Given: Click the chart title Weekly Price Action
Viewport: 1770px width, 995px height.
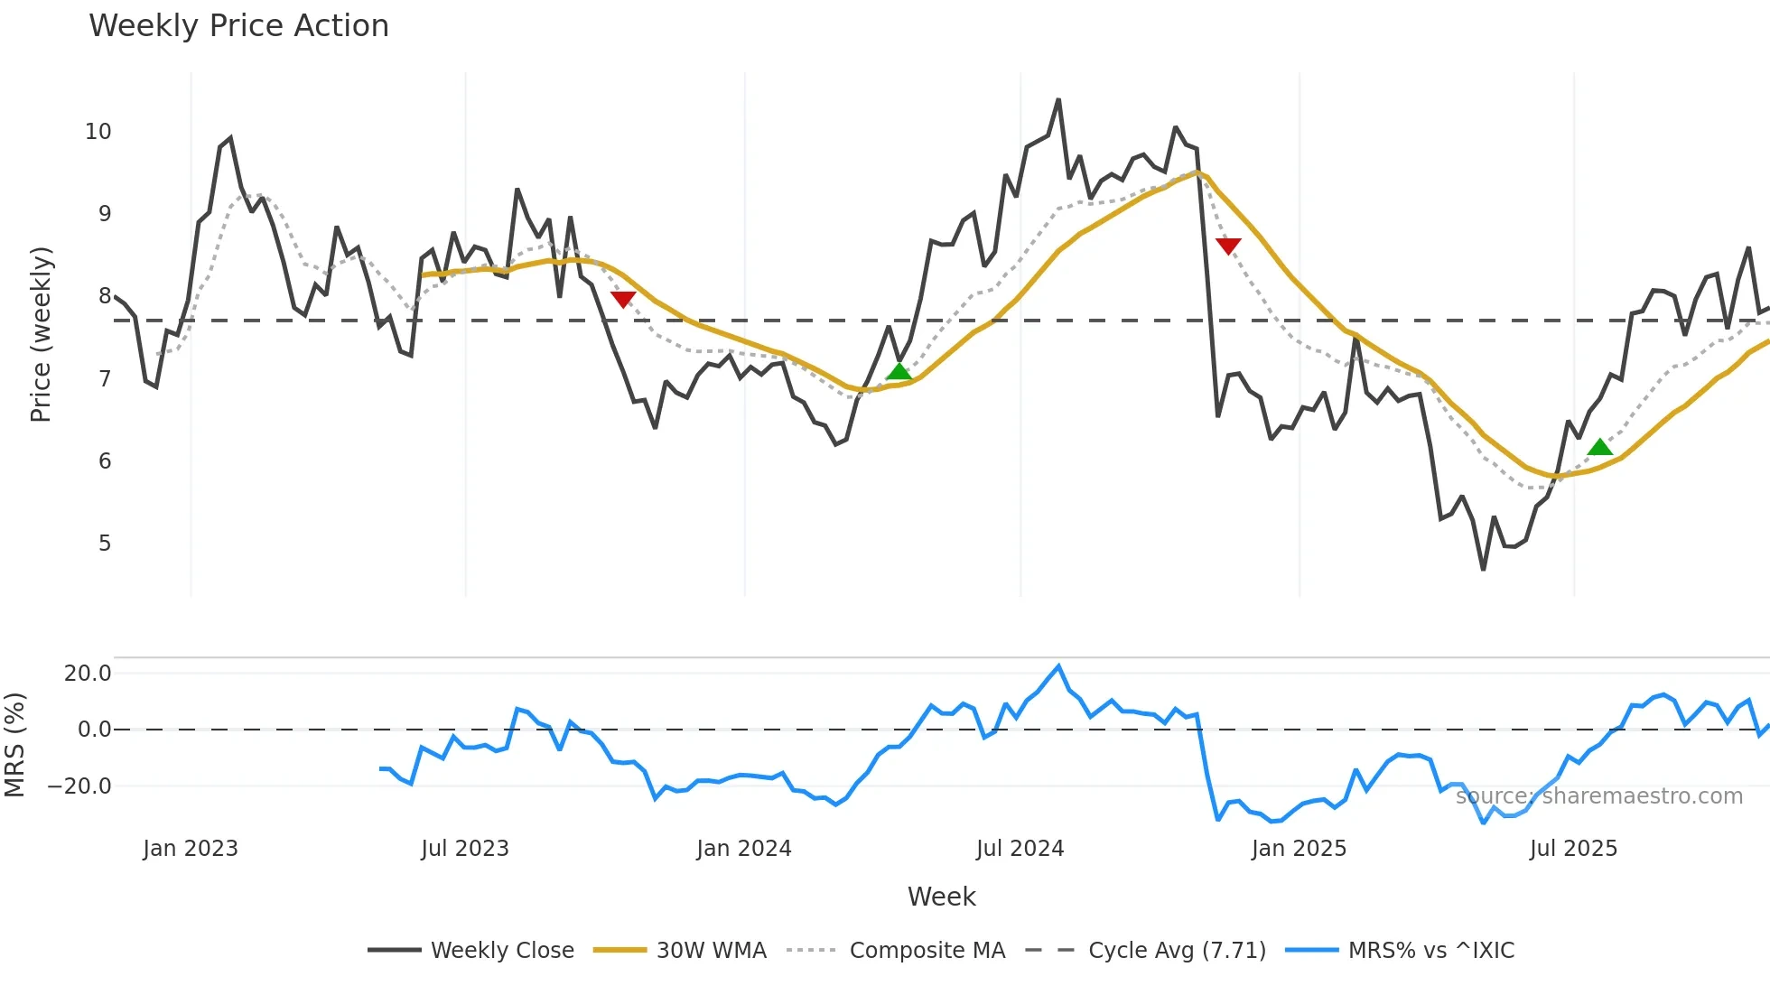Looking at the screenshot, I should tap(238, 26).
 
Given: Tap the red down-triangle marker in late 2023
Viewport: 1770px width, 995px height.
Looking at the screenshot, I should tap(623, 299).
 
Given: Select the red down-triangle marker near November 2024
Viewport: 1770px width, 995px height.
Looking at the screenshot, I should tap(1228, 246).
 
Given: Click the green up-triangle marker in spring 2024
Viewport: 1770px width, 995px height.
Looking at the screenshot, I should tap(899, 372).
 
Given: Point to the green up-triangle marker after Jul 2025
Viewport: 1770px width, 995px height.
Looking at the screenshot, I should tap(1599, 447).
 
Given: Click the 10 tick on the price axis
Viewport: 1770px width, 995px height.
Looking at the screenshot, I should tap(98, 132).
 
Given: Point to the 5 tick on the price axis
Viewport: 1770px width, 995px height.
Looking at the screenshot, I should tap(105, 544).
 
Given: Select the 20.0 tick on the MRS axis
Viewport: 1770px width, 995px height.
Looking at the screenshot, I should tap(88, 674).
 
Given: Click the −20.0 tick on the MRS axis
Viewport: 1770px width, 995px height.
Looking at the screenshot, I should tap(79, 786).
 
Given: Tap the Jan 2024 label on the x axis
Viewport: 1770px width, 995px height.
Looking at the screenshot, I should tap(744, 849).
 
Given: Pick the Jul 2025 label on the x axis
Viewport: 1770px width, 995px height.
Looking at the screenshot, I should tap(1573, 849).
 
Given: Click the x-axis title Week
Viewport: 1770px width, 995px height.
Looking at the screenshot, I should tap(941, 897).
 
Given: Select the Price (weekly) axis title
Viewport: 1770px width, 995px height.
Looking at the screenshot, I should tap(41, 334).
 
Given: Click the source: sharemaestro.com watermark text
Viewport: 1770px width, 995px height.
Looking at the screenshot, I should tap(1599, 796).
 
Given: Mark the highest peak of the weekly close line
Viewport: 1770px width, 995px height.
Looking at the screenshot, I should tap(1058, 100).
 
